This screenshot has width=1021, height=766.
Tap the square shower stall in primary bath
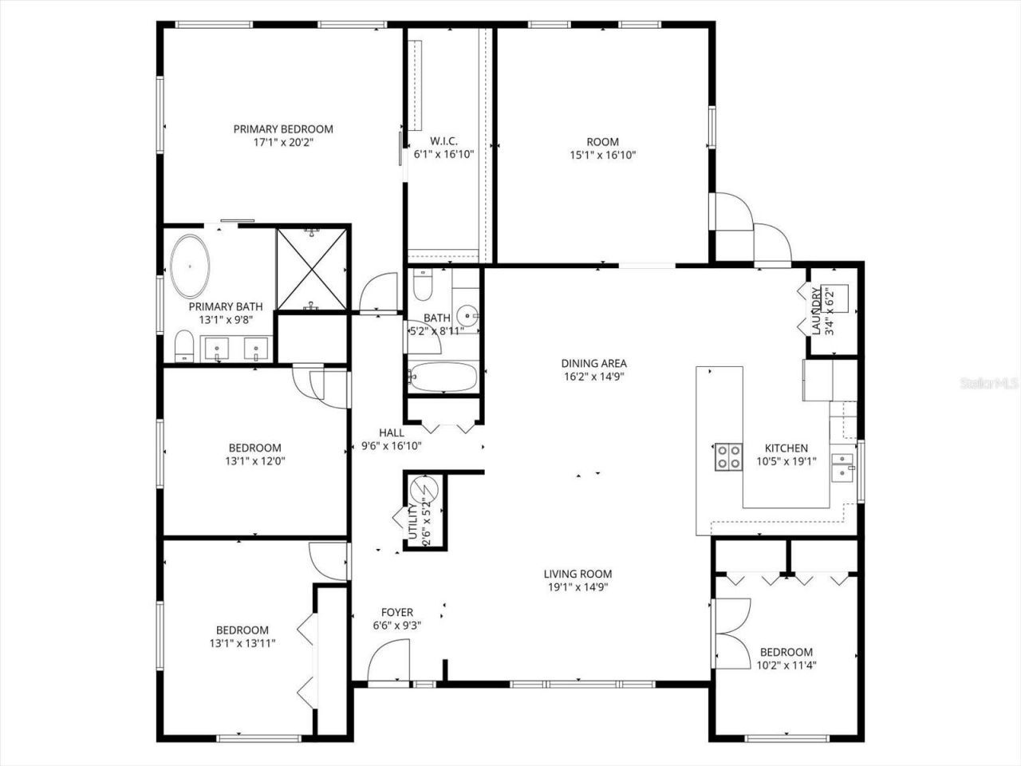pos(312,268)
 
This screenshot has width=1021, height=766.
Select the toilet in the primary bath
pos(184,348)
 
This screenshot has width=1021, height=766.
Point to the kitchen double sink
pos(842,467)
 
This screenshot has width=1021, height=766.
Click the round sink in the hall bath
pos(465,314)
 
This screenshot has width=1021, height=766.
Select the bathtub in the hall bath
pos(443,377)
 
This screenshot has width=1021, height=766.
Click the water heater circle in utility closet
pos(420,487)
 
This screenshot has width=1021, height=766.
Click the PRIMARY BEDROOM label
pos(282,129)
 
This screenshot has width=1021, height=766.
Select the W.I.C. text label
pos(443,142)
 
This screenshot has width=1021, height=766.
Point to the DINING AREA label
pos(593,364)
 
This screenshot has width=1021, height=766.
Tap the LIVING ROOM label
pos(578,574)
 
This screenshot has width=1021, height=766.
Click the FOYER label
pos(396,613)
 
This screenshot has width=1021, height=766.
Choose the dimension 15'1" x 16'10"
pos(602,156)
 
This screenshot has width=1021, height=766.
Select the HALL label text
pos(391,433)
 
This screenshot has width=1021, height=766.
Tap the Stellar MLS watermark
pos(990,384)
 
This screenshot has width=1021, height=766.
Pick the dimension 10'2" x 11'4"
pos(786,665)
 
